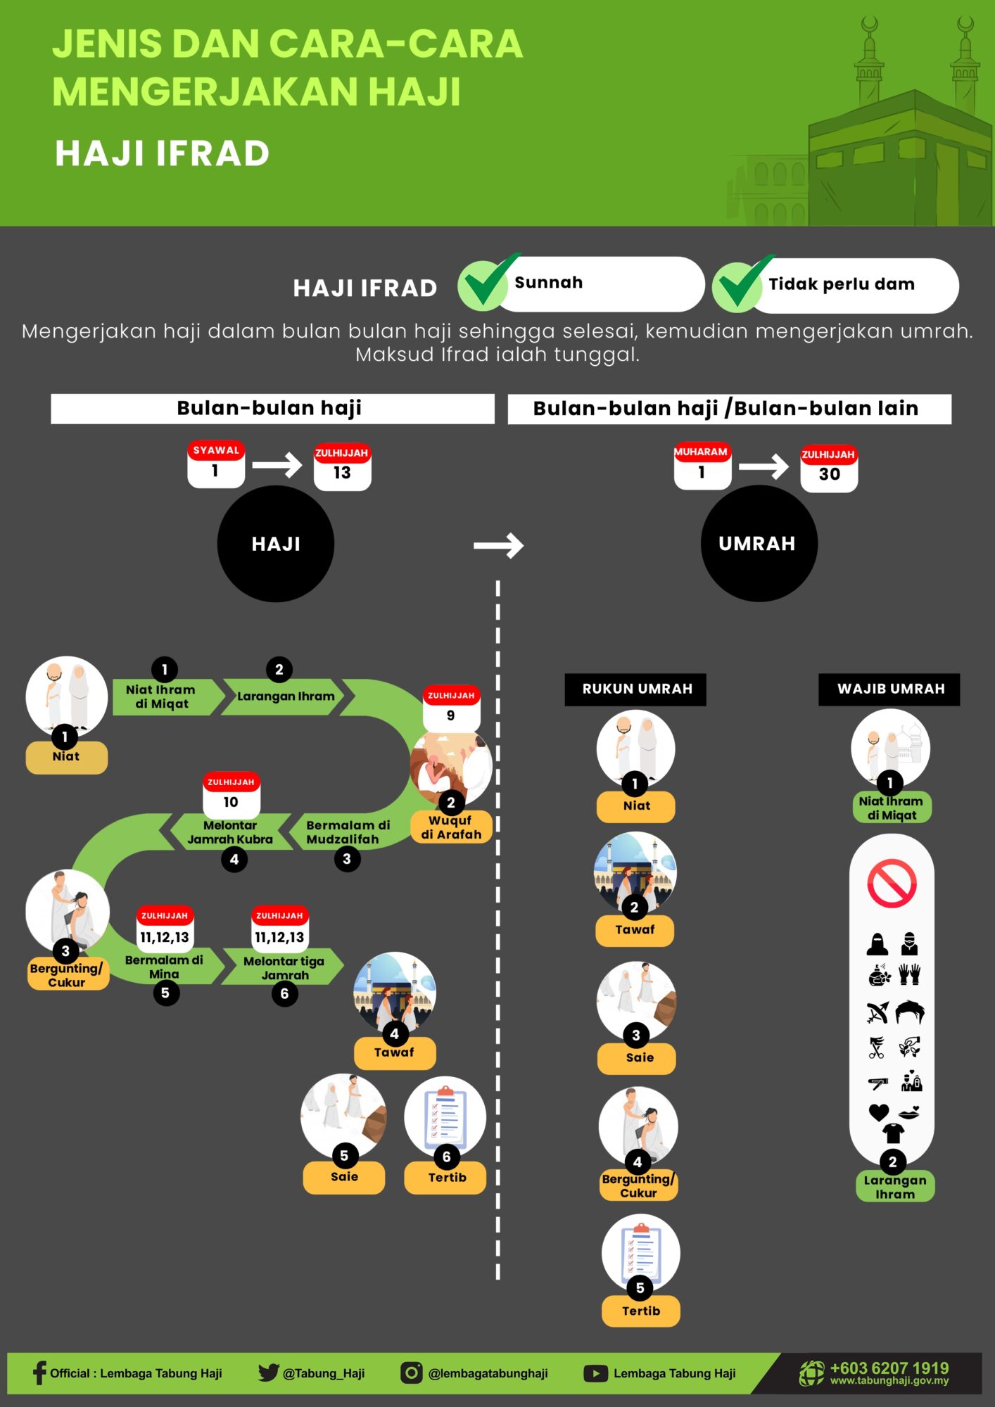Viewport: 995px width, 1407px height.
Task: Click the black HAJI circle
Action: click(276, 544)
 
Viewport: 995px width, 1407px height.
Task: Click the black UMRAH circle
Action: click(759, 543)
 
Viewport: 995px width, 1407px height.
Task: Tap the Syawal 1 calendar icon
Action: click(216, 464)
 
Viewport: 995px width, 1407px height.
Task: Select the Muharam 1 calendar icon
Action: click(702, 465)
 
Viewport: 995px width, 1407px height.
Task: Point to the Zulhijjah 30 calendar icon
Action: click(829, 468)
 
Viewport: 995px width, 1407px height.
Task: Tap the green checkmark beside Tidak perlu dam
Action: click(740, 284)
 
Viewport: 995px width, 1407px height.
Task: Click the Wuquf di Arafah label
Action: click(451, 827)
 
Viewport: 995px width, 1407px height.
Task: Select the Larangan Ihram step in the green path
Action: click(285, 696)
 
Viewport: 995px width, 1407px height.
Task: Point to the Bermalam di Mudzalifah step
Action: click(345, 832)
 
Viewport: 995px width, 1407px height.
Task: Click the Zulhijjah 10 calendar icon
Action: click(231, 795)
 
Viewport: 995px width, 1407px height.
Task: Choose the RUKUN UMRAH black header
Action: click(636, 689)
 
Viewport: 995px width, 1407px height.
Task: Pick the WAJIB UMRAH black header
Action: click(890, 689)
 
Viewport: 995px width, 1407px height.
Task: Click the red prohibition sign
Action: click(892, 883)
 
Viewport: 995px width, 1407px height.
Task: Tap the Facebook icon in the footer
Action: click(39, 1373)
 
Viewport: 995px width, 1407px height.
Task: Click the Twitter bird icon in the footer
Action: click(268, 1373)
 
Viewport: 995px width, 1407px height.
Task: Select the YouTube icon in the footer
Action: click(595, 1373)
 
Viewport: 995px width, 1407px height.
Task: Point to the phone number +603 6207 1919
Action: click(889, 1368)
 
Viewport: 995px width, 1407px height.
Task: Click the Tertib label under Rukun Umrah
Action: click(641, 1311)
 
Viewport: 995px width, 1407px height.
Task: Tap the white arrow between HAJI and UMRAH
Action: click(498, 545)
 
